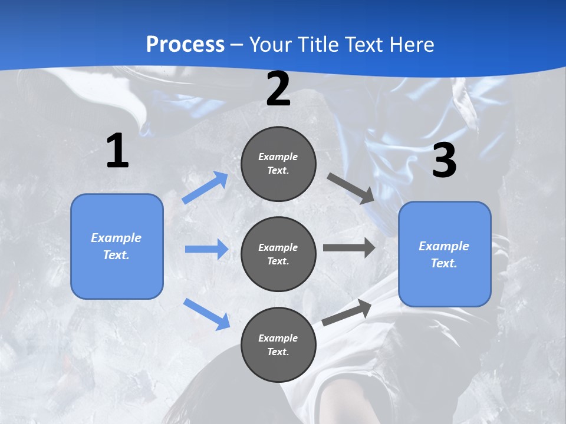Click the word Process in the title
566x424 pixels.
[x=185, y=44]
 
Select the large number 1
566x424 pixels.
[x=117, y=151]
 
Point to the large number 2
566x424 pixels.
[x=278, y=90]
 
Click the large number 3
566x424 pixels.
[x=444, y=161]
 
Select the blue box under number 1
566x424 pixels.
[x=117, y=246]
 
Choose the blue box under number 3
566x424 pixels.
[x=445, y=254]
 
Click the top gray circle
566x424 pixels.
[x=278, y=164]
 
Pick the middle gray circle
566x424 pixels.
[x=278, y=254]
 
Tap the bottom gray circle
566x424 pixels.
[x=278, y=344]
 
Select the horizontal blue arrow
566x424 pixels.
[x=206, y=249]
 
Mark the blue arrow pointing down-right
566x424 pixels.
[x=206, y=314]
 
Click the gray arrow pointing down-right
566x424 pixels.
[x=351, y=188]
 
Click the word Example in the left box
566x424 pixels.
[x=116, y=238]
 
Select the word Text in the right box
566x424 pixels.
[x=443, y=263]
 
